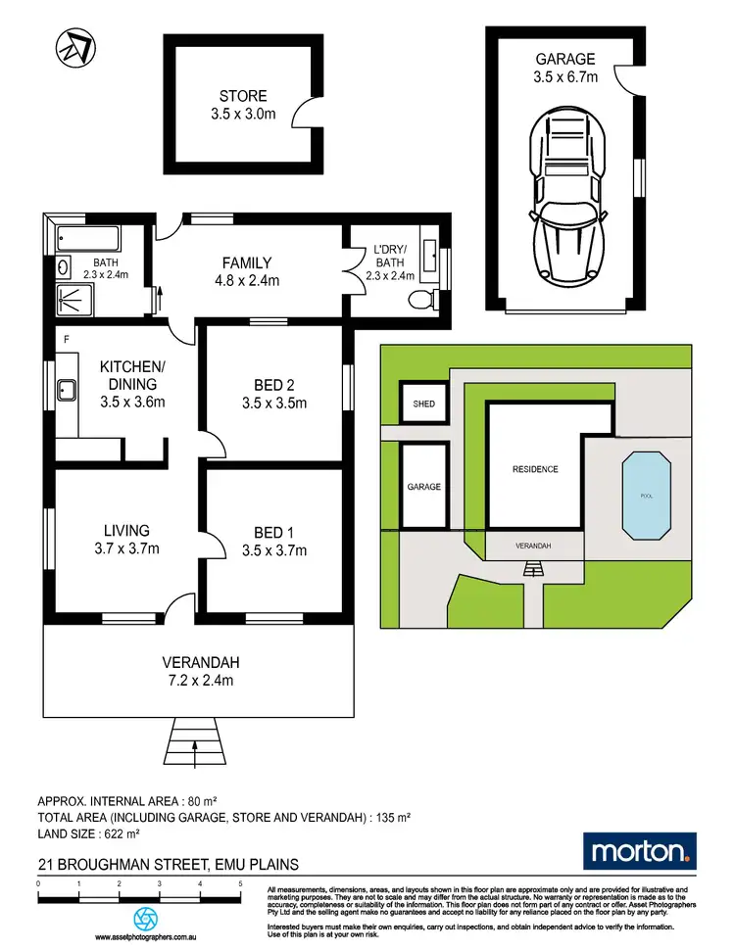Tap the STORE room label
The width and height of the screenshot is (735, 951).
(242, 96)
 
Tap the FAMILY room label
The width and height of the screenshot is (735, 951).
(246, 262)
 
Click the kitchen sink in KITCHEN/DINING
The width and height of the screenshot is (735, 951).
(68, 393)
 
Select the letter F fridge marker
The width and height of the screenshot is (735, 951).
(66, 340)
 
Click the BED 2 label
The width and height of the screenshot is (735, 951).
(273, 385)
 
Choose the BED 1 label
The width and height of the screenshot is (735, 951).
(273, 532)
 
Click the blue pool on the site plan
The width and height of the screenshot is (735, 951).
(645, 496)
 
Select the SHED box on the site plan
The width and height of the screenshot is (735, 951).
(422, 404)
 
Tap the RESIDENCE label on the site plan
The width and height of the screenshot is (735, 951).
(535, 469)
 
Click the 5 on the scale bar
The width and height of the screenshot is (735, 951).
(240, 883)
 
